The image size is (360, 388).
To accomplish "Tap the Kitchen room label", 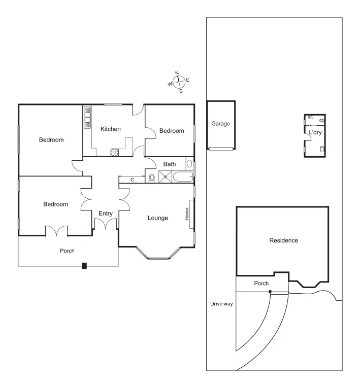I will tap(110, 129).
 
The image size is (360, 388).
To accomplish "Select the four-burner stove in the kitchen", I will tap(115, 151).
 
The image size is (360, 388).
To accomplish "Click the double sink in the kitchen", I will tap(87, 117).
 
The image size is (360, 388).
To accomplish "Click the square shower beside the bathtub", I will tap(165, 177).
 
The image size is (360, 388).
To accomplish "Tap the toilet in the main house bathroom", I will tap(152, 178).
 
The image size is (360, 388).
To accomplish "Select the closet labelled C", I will tap(132, 180).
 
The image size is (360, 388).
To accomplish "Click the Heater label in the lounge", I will tap(187, 214).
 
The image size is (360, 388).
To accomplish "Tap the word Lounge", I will tap(157, 218).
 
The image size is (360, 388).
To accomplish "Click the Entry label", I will tap(106, 214).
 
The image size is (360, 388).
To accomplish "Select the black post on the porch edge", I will tap(84, 265).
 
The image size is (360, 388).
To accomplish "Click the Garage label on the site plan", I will tap(220, 123).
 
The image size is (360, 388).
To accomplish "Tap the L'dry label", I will tap(315, 132).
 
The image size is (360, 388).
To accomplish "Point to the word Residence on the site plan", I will tap(283, 240).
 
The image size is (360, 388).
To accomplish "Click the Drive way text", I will tap(221, 304).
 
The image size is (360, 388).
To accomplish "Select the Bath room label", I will tap(169, 164).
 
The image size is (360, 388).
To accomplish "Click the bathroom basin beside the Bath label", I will tap(189, 164).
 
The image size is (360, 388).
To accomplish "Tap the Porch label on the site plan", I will tap(261, 284).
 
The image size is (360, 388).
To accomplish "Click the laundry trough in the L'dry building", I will tap(322, 149).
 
